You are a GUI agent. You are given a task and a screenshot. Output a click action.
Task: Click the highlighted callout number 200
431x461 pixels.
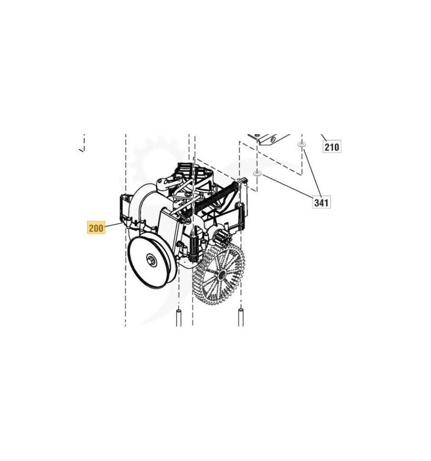pos(96,228)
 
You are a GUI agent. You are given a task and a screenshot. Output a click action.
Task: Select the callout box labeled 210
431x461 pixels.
pos(332,146)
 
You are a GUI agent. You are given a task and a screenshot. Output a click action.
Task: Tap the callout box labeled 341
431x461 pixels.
pos(321,202)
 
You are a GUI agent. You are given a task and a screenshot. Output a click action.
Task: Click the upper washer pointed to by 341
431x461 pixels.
pos(301,145)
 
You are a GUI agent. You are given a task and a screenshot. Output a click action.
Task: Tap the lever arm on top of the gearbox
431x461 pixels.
pos(164,184)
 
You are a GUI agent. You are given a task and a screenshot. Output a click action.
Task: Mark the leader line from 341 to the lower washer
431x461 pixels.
pos(286,185)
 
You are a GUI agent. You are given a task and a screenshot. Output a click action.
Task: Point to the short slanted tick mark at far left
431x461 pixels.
pos(81,149)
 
